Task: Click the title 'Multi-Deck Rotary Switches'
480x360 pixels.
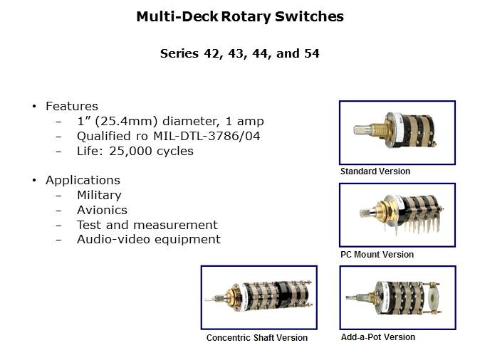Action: click(x=240, y=16)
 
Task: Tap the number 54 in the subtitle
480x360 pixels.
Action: click(x=311, y=53)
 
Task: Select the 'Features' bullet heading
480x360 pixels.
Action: click(x=72, y=106)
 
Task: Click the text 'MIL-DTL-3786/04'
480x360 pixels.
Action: click(x=207, y=136)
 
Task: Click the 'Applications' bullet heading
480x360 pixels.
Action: click(x=83, y=181)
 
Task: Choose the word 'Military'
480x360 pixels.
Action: click(x=99, y=196)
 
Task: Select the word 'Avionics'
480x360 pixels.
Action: click(x=102, y=210)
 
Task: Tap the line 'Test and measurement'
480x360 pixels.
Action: click(x=147, y=225)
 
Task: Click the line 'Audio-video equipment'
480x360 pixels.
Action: click(x=149, y=240)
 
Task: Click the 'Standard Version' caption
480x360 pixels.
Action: click(x=375, y=171)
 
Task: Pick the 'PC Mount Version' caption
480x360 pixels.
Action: click(x=377, y=255)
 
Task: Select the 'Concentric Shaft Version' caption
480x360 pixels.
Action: click(x=257, y=338)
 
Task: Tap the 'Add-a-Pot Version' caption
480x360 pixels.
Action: click(x=378, y=337)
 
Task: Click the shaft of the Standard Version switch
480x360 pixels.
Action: click(x=362, y=129)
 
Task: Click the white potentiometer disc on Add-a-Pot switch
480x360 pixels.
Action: click(x=434, y=298)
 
